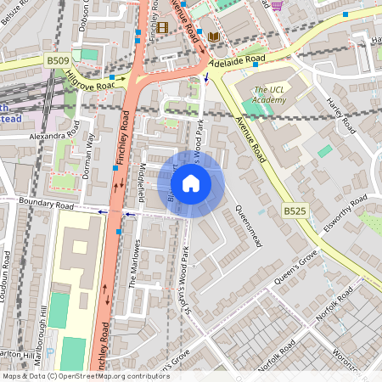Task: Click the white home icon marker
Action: point(191,183)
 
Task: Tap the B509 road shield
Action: point(57,60)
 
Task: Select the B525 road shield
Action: point(294,211)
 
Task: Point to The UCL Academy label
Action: point(272,94)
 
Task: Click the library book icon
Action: point(213,37)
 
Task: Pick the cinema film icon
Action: point(161,27)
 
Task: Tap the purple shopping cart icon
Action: point(278,4)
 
